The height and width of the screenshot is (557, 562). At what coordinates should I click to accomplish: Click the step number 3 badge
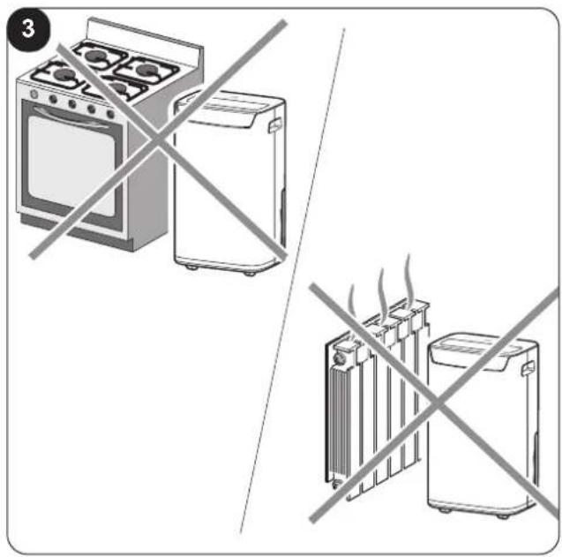[28, 29]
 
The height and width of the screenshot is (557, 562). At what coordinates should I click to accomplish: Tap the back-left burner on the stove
[95, 55]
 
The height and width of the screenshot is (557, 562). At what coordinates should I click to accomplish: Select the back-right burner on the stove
[146, 69]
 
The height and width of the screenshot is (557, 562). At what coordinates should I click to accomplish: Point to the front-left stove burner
[65, 75]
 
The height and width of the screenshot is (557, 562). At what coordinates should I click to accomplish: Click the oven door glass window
[71, 166]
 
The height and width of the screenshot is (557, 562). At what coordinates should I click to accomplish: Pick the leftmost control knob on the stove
[34, 94]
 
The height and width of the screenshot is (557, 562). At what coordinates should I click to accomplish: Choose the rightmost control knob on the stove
[111, 115]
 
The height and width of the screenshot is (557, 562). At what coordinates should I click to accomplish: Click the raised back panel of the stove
[146, 42]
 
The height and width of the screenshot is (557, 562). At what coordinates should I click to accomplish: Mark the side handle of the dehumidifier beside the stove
[275, 125]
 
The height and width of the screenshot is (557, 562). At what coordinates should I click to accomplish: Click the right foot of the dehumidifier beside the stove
[250, 274]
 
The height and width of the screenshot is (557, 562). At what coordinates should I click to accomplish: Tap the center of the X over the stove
[158, 139]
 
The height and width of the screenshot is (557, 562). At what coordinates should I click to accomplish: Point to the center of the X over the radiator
[437, 403]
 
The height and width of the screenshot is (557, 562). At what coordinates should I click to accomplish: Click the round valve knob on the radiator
[339, 358]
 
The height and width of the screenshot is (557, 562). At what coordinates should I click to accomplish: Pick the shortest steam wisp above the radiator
[352, 301]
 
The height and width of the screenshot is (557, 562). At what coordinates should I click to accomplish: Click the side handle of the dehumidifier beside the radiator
[528, 369]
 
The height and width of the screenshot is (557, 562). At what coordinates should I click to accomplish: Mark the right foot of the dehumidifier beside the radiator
[503, 516]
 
